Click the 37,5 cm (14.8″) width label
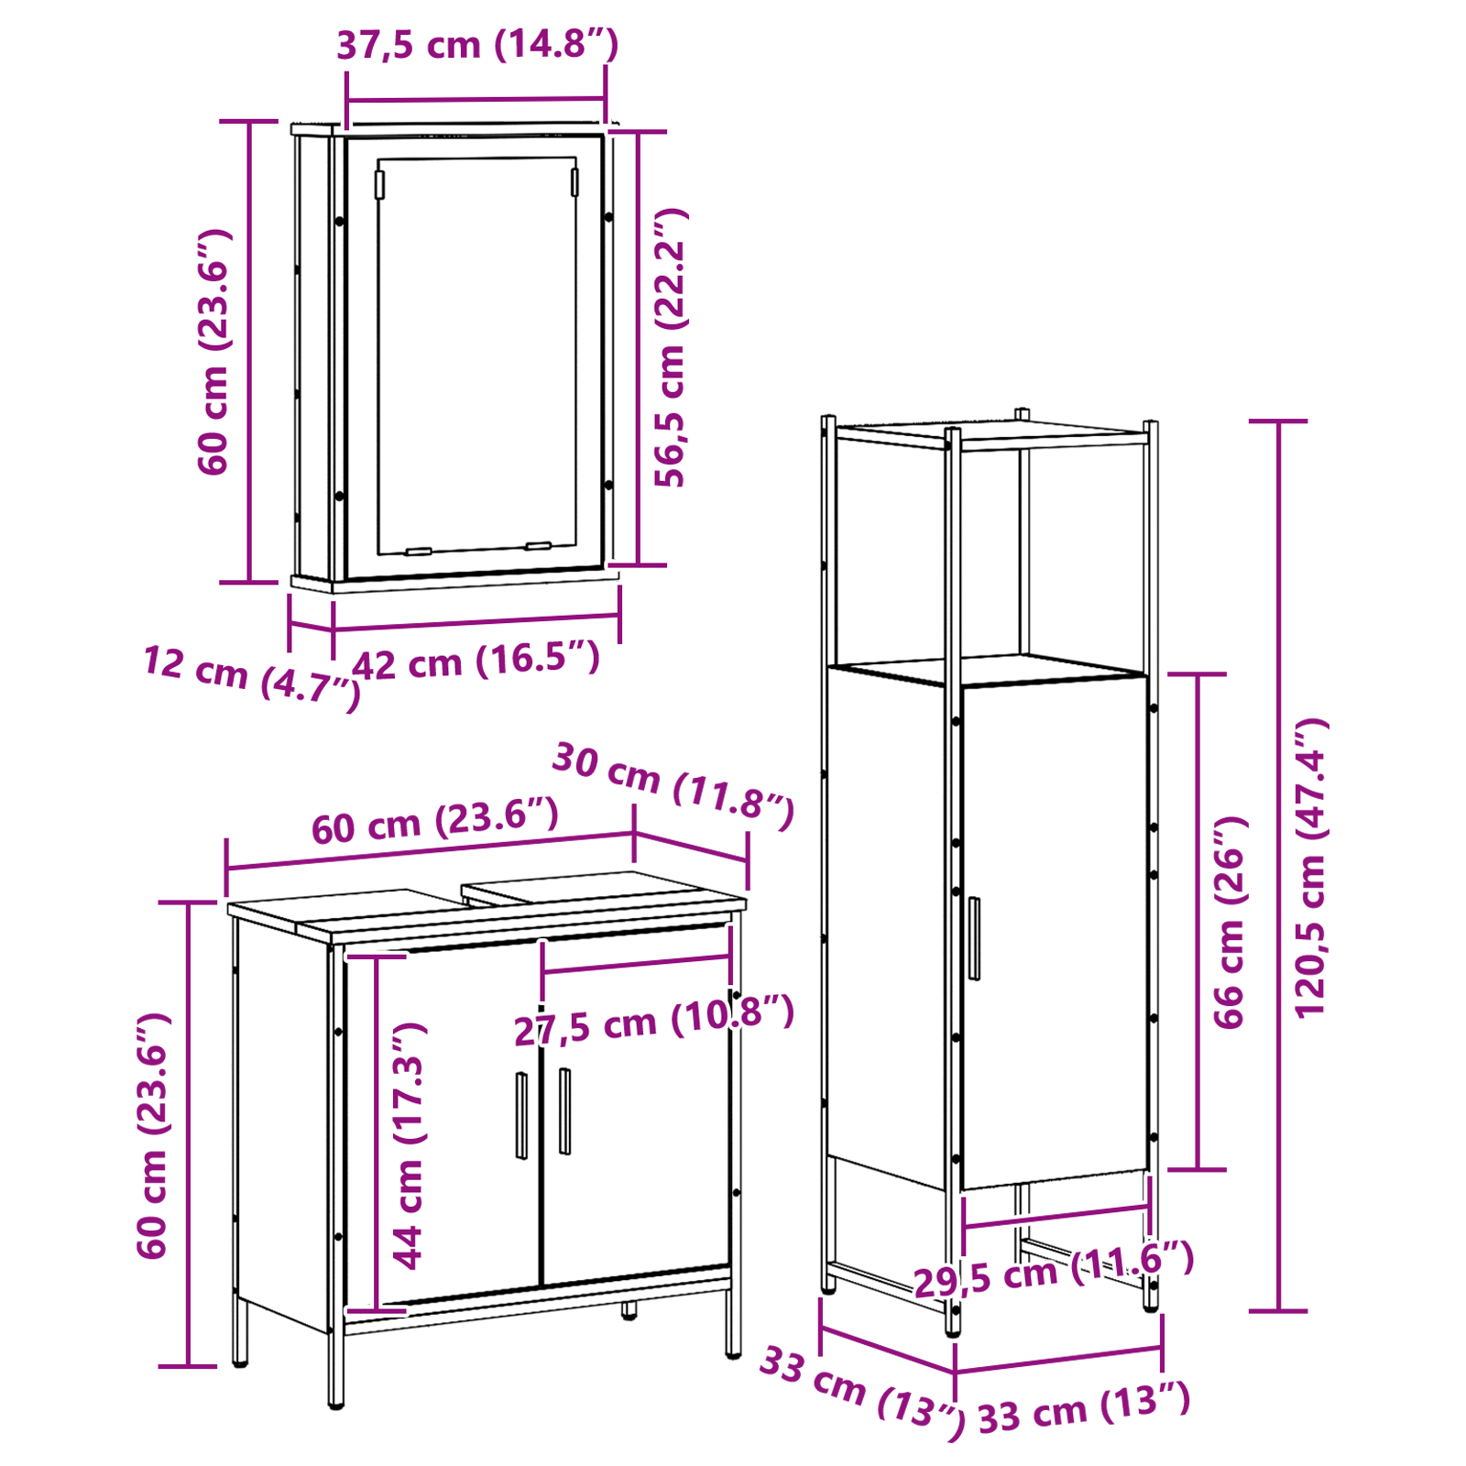(477, 45)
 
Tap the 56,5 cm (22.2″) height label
(670, 347)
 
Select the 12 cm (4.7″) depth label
(251, 677)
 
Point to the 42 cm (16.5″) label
(476, 661)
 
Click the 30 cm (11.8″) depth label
(673, 786)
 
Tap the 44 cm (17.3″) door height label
(409, 1145)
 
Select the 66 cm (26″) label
(1230, 922)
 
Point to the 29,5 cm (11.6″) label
(1054, 1269)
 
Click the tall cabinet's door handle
(974, 938)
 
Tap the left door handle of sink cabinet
(521, 1115)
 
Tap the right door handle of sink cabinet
(564, 1110)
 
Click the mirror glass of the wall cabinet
(476, 356)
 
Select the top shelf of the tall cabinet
(993, 434)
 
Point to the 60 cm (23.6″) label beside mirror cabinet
(214, 352)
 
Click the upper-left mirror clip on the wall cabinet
(379, 184)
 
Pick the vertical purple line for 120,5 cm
(1278, 866)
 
